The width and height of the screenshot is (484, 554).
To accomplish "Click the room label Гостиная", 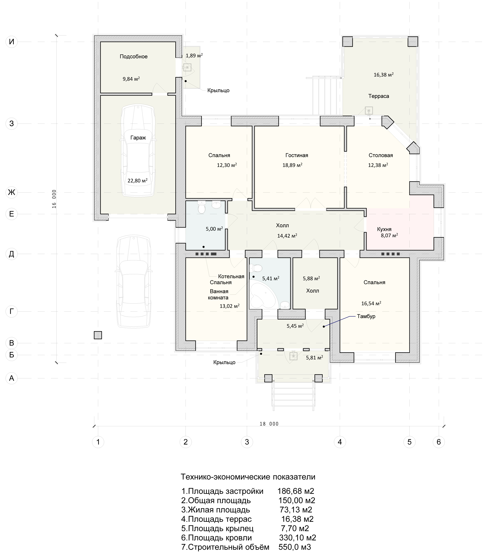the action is (297, 155).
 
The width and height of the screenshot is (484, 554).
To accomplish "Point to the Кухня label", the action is (384, 229).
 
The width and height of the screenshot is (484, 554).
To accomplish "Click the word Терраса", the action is (379, 96).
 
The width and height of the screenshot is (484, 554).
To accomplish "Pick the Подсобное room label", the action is (133, 56).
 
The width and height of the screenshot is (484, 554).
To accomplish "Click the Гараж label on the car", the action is (138, 138).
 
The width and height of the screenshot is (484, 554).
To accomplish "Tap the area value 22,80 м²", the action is (137, 181).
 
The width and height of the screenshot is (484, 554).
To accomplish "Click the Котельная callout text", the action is (231, 276).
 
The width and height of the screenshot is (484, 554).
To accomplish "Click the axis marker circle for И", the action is (12, 42).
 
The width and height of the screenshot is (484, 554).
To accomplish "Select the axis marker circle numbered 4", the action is (340, 442).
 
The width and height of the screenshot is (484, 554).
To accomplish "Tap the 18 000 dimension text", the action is (269, 424).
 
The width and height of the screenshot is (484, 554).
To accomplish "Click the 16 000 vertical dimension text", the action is (54, 199).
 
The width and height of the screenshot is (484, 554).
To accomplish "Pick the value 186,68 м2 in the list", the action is (296, 491).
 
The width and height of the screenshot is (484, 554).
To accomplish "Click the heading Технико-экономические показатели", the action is (248, 477).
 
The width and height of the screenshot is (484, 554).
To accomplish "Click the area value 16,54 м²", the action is (371, 304).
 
